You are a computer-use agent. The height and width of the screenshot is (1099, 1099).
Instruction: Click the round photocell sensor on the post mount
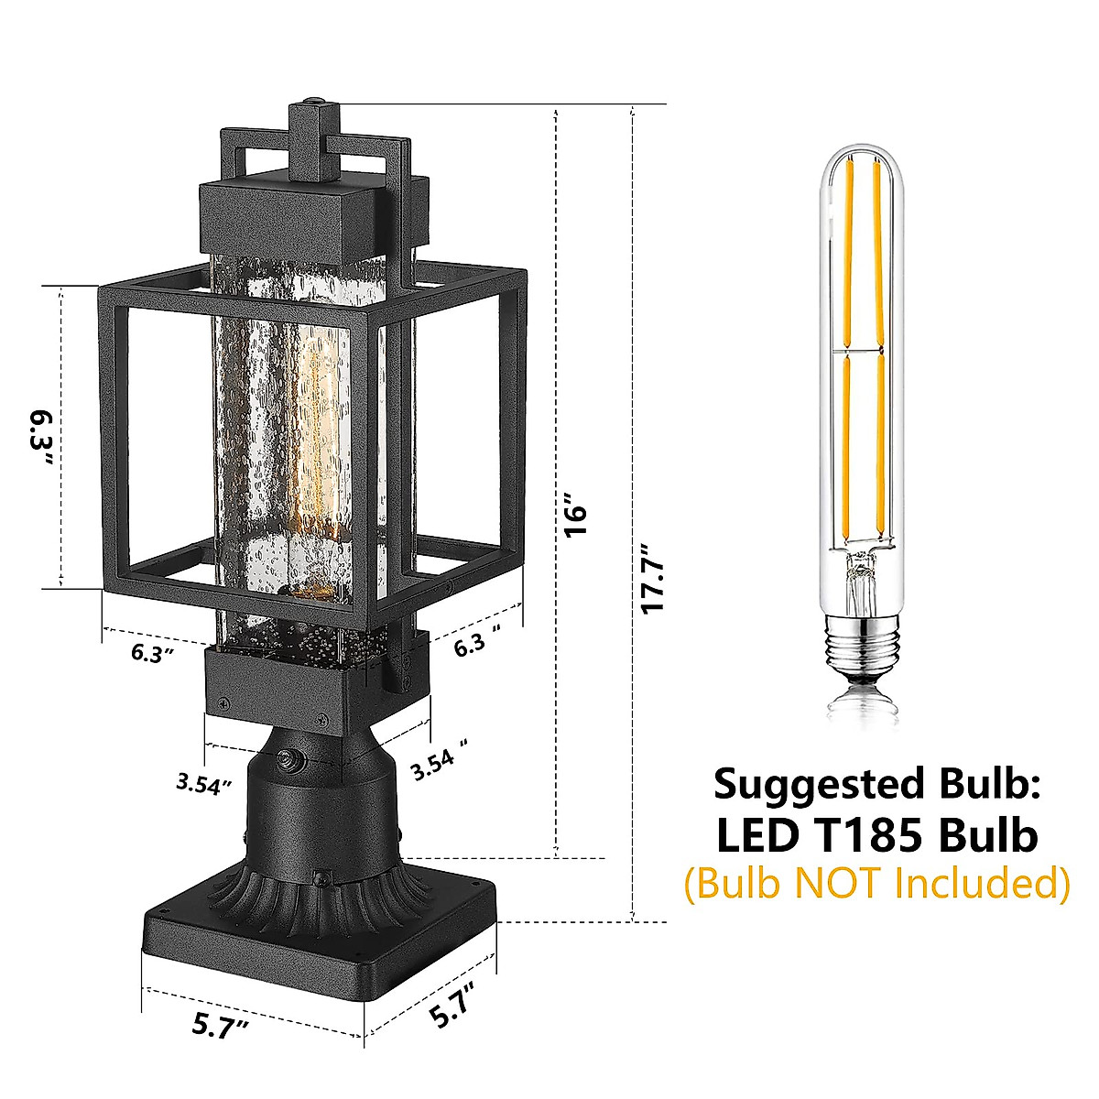point(291,759)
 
